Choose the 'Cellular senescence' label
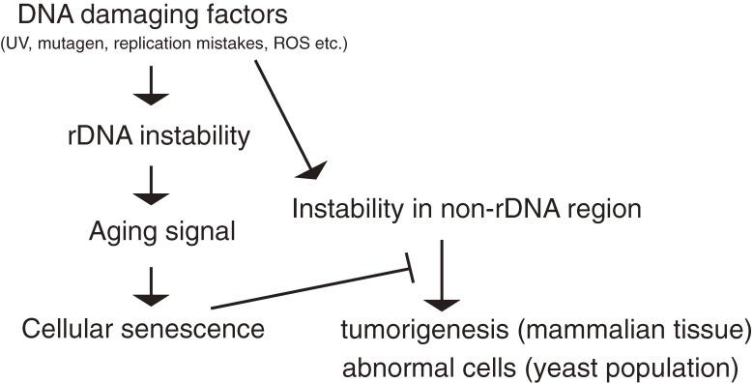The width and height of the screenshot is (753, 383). [x=143, y=328]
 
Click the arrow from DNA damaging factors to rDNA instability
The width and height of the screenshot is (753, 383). [x=152, y=91]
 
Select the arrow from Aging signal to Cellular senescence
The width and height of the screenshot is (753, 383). [x=152, y=280]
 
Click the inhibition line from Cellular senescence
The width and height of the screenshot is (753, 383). [x=309, y=290]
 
